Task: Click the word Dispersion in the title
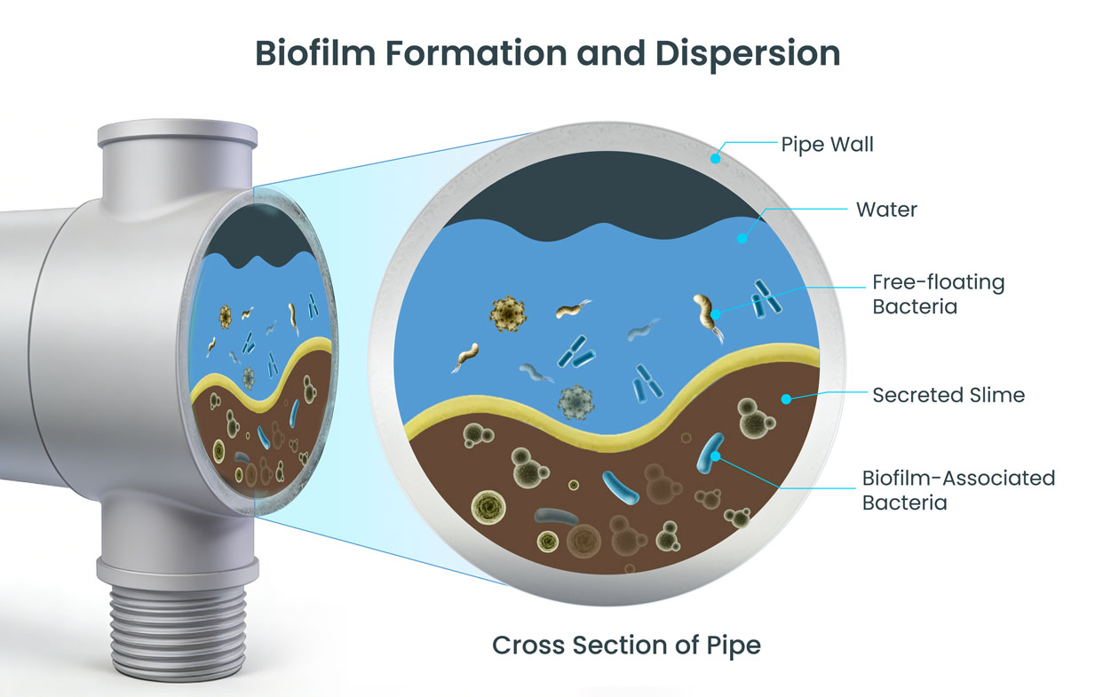(748, 53)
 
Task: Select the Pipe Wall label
(827, 144)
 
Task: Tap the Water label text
(886, 210)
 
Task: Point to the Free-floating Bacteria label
(937, 295)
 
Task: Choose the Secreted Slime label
(948, 395)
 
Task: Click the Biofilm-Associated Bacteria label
(957, 490)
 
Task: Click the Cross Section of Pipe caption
(626, 645)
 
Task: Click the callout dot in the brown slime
(785, 400)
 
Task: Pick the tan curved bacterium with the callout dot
(707, 312)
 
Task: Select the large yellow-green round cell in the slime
(488, 505)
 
